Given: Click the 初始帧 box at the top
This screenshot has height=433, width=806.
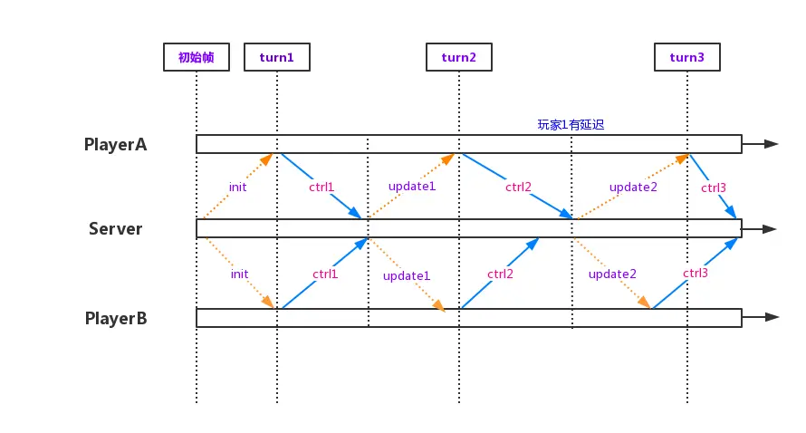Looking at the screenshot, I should click(197, 57).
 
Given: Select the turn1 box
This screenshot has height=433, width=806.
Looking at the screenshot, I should click(277, 57).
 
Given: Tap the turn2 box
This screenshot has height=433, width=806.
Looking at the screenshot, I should click(459, 57).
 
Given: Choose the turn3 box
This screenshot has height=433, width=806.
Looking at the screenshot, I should click(687, 57).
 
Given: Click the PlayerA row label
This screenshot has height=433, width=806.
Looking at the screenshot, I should click(115, 144).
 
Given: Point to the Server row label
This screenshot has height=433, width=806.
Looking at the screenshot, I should click(115, 228).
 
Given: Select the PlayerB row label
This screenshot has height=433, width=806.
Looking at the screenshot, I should click(115, 318).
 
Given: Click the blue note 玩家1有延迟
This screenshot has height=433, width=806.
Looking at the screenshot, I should click(571, 125).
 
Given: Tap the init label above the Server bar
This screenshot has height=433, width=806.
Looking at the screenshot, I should click(238, 188).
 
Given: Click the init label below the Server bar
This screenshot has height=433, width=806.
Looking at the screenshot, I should click(240, 274).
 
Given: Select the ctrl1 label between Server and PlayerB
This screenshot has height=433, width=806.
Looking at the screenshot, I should click(325, 274).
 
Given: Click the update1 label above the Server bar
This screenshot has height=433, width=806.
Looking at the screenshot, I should click(412, 186).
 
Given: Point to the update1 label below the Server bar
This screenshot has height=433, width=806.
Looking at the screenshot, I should click(407, 275).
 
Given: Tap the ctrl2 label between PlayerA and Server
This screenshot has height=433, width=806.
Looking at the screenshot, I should click(518, 188).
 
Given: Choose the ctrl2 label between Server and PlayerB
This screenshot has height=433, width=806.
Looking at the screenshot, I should click(500, 274).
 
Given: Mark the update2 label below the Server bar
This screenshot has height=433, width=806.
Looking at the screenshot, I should click(612, 274).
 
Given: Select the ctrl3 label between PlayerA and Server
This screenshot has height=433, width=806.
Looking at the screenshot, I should click(713, 188).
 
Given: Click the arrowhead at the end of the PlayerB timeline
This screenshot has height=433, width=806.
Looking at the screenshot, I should click(772, 317).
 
